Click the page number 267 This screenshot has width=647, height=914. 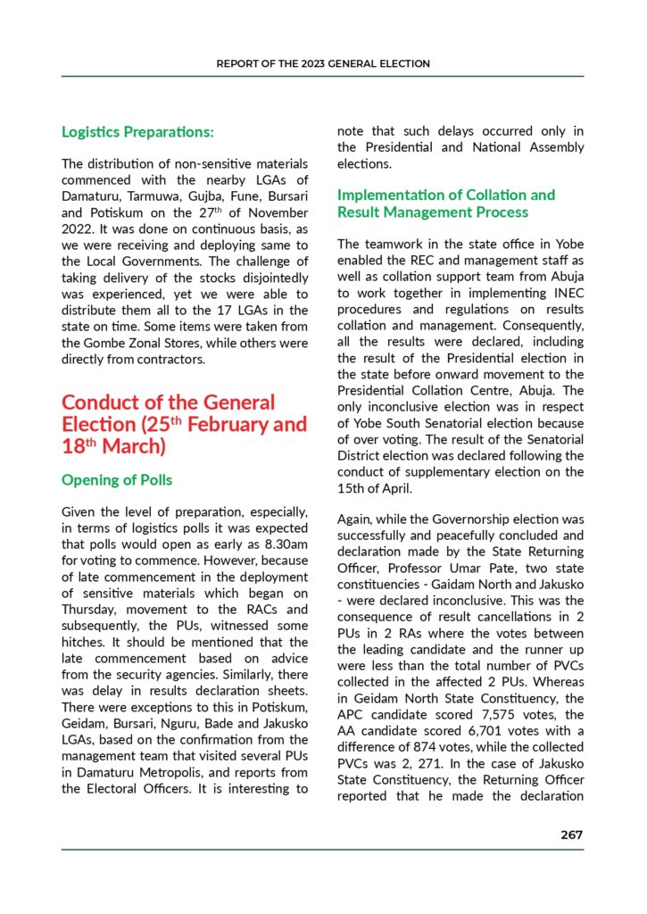pyautogui.click(x=571, y=835)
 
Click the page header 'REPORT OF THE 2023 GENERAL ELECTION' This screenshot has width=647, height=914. pyautogui.click(x=323, y=64)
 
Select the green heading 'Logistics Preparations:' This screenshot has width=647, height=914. pyautogui.click(x=137, y=132)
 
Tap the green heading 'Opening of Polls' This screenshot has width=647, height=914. pyautogui.click(x=117, y=480)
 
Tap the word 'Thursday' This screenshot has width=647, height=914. pyautogui.click(x=90, y=610)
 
